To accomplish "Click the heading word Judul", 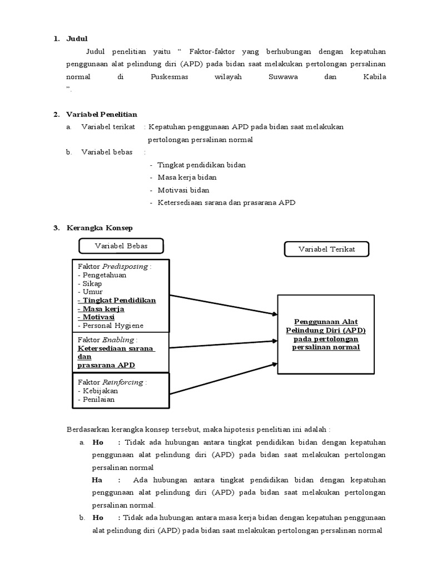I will [77, 39].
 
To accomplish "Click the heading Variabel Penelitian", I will [102, 114].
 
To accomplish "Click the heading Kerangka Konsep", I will [100, 228].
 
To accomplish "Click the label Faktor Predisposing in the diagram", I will [115, 267].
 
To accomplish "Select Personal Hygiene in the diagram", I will [110, 326].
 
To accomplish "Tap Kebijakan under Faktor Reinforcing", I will [98, 391].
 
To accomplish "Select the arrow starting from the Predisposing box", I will [222, 305].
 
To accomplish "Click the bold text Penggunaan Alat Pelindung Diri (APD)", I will [326, 326].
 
